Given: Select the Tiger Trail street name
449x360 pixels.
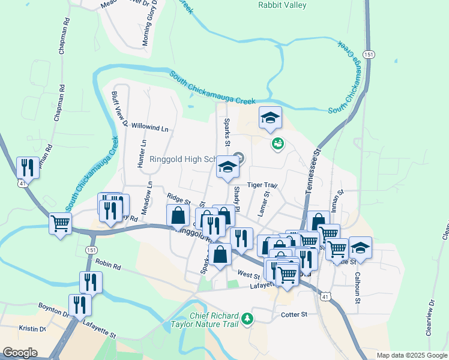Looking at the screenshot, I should (x=262, y=185).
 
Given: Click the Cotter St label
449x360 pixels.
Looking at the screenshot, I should (x=294, y=314).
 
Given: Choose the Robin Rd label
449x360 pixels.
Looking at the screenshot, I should (x=108, y=265).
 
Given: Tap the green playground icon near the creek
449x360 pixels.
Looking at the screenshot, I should (x=277, y=143).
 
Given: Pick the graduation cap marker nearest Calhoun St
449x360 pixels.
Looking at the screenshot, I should (x=360, y=247).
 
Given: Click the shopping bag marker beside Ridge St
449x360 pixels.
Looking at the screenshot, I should (x=178, y=215).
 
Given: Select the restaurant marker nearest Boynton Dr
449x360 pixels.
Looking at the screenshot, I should (x=79, y=304).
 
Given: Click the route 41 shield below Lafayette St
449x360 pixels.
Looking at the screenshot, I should (x=325, y=296).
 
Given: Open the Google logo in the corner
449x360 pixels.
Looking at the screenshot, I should (x=20, y=353).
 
